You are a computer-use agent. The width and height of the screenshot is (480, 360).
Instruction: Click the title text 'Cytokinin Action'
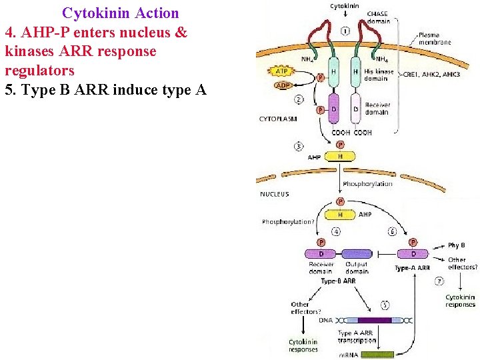(x=121, y=13)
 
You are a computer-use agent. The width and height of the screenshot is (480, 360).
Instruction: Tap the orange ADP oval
(x=283, y=85)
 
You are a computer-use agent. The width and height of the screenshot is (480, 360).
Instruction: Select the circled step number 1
(x=345, y=31)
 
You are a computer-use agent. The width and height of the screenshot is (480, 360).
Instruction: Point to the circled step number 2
(x=299, y=99)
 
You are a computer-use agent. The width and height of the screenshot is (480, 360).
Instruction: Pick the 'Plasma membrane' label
(x=435, y=38)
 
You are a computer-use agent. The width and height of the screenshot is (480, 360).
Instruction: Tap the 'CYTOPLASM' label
(x=278, y=119)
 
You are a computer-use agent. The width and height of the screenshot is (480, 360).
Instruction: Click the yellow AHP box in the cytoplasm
(x=341, y=156)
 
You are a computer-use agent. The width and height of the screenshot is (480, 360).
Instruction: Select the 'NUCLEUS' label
(x=275, y=195)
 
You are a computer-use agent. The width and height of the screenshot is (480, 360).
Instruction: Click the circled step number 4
(x=336, y=231)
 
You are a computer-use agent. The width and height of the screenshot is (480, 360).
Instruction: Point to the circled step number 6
(x=393, y=231)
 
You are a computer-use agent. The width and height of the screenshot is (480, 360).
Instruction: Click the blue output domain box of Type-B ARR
(x=357, y=254)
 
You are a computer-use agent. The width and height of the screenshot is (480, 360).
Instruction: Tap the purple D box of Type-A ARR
(x=413, y=254)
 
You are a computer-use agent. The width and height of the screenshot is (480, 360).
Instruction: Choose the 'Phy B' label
(x=456, y=246)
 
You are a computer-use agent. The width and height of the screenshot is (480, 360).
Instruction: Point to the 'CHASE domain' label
(x=378, y=17)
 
